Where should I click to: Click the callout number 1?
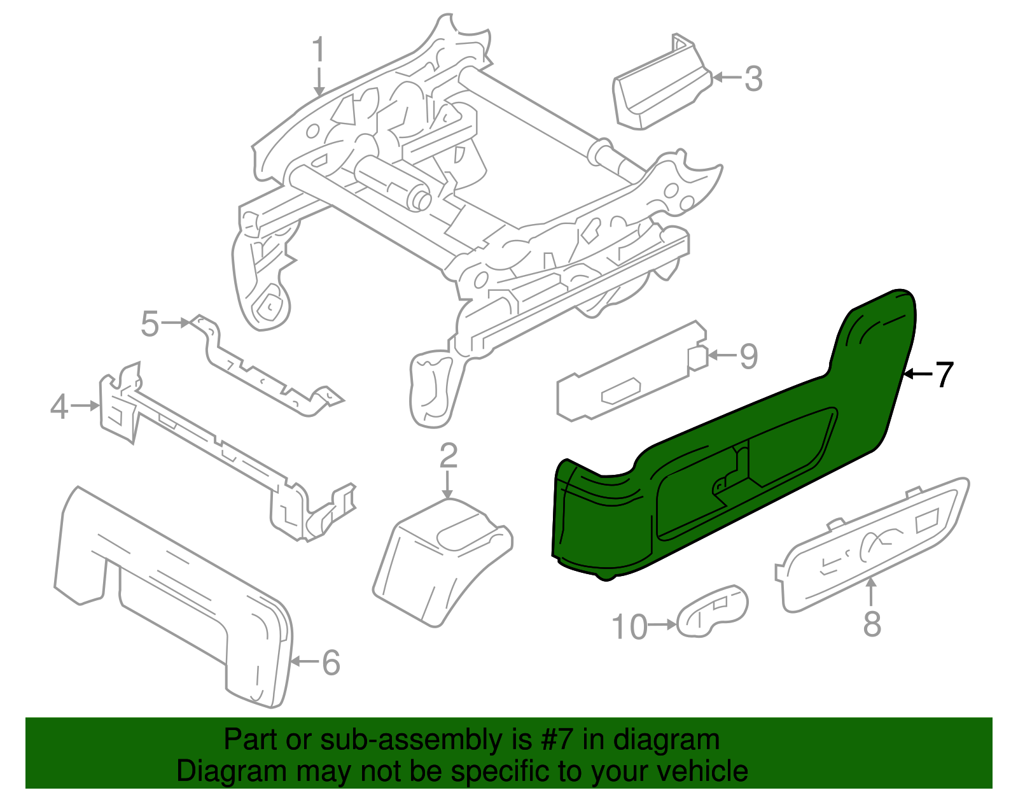pyautogui.click(x=319, y=49)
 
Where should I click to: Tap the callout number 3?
pyautogui.click(x=753, y=78)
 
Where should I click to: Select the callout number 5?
pyautogui.click(x=150, y=324)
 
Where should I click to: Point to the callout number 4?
pyautogui.click(x=60, y=406)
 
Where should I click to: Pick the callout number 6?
pyautogui.click(x=331, y=663)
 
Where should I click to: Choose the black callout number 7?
pyautogui.click(x=944, y=374)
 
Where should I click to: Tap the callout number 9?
pyautogui.click(x=749, y=356)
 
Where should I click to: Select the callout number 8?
pyautogui.click(x=872, y=624)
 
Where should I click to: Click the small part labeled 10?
pyautogui.click(x=713, y=610)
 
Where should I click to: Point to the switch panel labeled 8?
pyautogui.click(x=872, y=544)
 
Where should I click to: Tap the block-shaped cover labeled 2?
pyautogui.click(x=443, y=562)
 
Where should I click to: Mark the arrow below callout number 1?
pyautogui.click(x=319, y=83)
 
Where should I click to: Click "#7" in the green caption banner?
pyautogui.click(x=556, y=740)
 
